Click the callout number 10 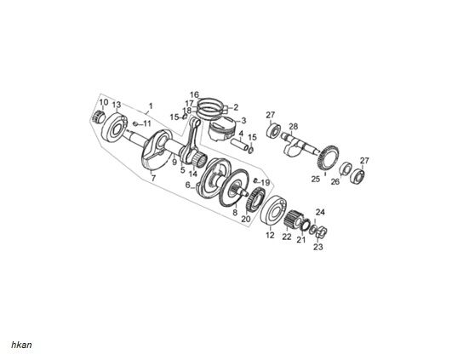tap(103, 102)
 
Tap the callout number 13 tap(117, 105)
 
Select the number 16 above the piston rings tap(194, 94)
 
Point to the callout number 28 tap(294, 126)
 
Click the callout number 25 tap(314, 180)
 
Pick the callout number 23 tap(317, 248)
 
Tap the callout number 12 tap(270, 234)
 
